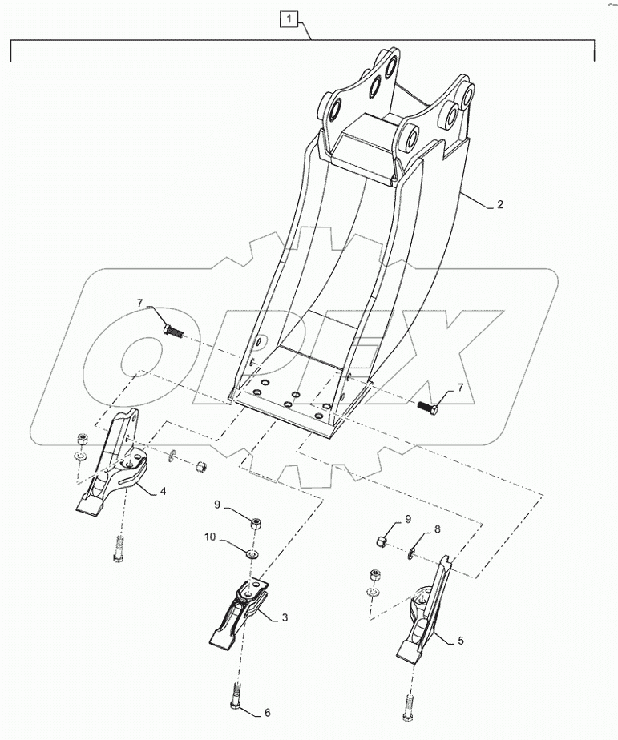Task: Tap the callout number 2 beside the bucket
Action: tap(499, 205)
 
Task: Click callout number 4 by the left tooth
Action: tap(163, 490)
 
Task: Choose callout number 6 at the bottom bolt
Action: tap(267, 713)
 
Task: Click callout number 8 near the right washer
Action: tap(438, 529)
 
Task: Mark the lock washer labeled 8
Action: tap(410, 551)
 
